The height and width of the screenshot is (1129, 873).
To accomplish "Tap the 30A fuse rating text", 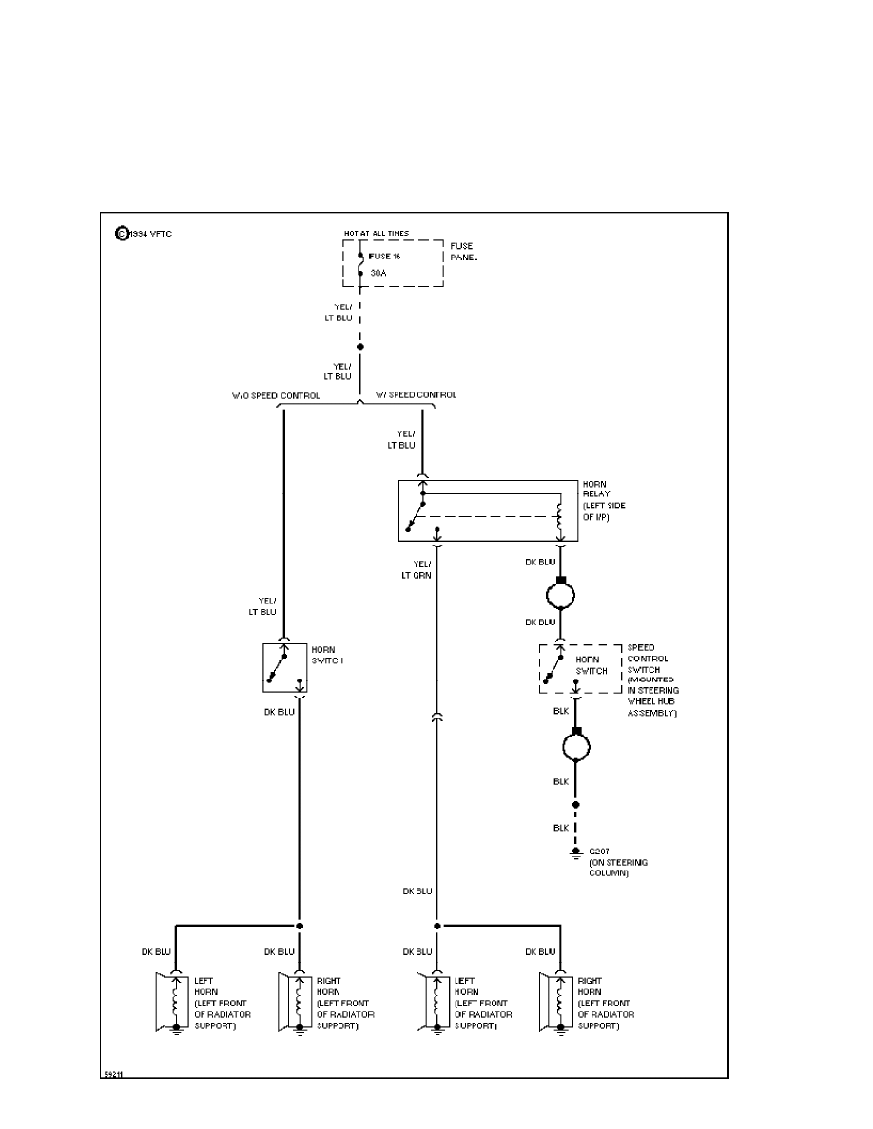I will pos(378,273).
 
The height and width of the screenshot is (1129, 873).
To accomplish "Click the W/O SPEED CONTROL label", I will pos(276,395).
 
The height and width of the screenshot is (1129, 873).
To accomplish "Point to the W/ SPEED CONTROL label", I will pos(416,395).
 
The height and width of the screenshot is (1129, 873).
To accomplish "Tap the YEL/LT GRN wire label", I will pos(415,570).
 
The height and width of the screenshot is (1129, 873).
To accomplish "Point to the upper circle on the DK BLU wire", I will pos(561,594).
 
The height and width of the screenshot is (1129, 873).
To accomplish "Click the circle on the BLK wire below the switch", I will pos(574,746).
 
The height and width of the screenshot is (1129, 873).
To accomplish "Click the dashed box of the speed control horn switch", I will pos(579,669).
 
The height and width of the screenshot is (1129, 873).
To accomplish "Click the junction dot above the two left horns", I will pos(300,925).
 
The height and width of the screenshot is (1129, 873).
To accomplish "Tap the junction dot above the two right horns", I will pos(437,925).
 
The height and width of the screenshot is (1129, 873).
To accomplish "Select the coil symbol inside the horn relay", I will pos(560,521).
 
